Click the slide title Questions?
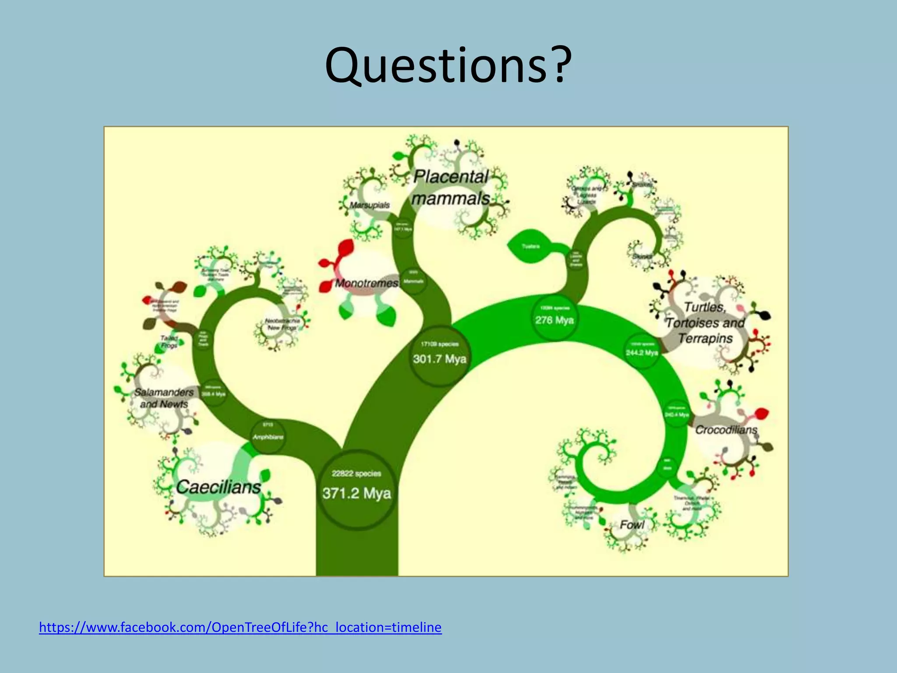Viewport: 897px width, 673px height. click(448, 66)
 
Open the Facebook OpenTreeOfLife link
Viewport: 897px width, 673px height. click(240, 627)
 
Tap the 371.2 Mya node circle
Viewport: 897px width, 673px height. click(357, 489)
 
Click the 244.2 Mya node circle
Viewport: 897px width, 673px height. click(642, 351)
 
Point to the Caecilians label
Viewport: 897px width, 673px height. click(218, 487)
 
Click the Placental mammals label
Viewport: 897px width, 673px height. click(451, 188)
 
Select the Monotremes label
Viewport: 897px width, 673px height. click(367, 283)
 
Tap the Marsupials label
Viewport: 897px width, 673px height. click(370, 205)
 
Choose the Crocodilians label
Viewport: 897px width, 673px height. click(726, 430)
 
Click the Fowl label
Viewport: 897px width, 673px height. click(632, 524)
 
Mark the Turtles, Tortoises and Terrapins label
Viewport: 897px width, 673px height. click(705, 322)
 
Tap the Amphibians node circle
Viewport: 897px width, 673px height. click(268, 434)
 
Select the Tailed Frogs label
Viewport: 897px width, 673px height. click(169, 342)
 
